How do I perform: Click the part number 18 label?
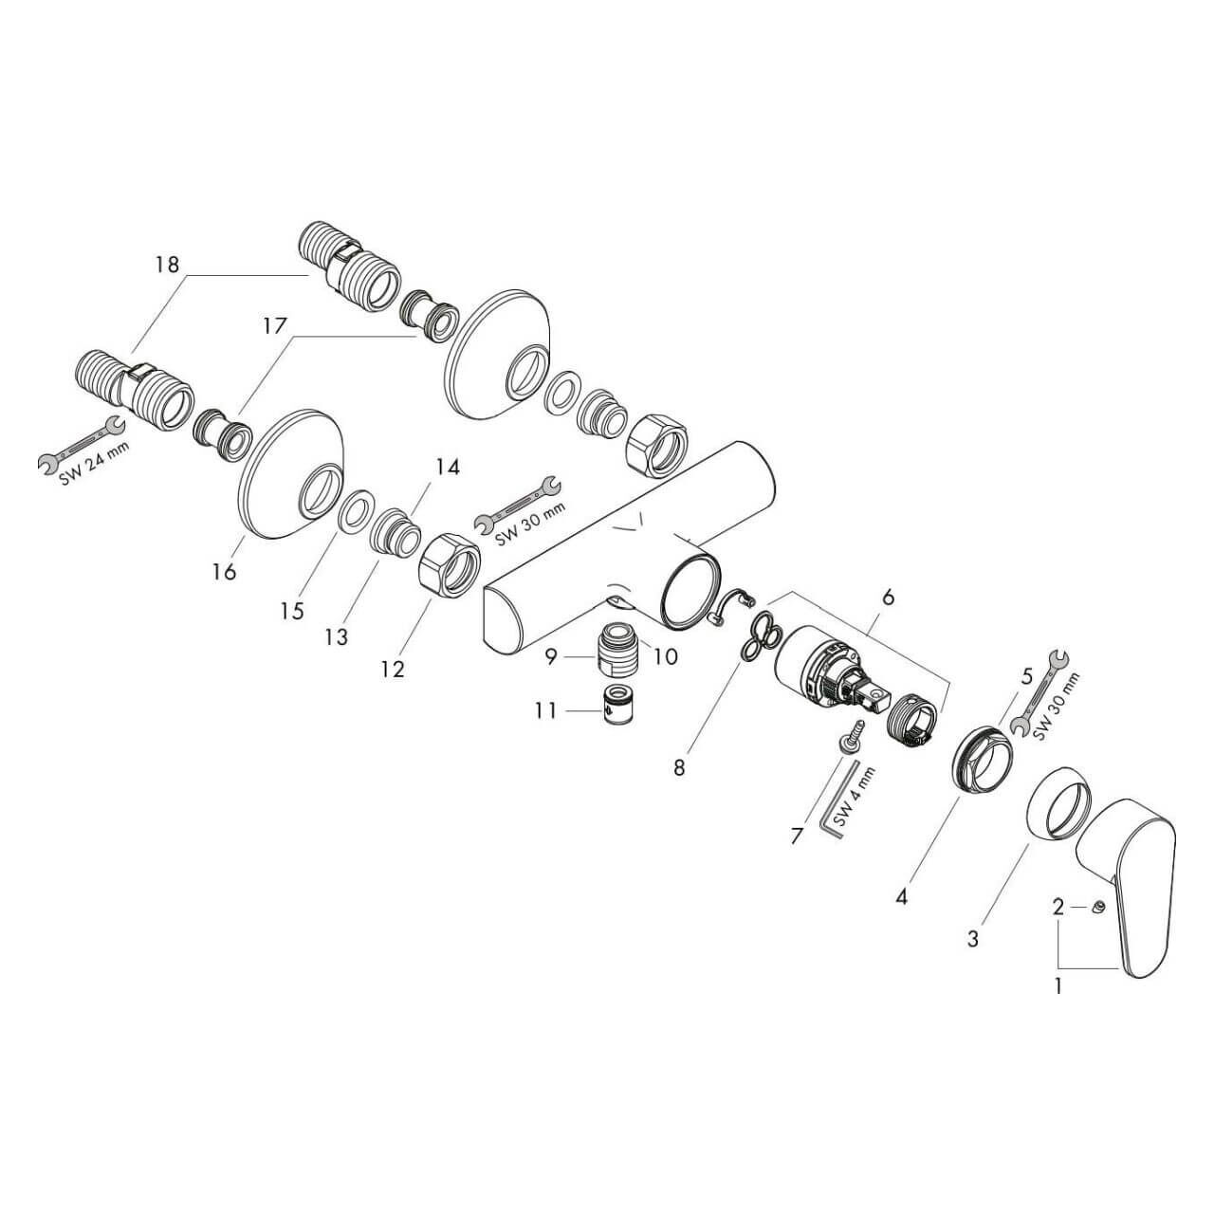(x=167, y=264)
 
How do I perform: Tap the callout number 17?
(x=275, y=325)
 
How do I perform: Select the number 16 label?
(x=224, y=571)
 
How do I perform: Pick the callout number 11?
(x=545, y=710)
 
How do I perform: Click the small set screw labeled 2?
(x=1098, y=907)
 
